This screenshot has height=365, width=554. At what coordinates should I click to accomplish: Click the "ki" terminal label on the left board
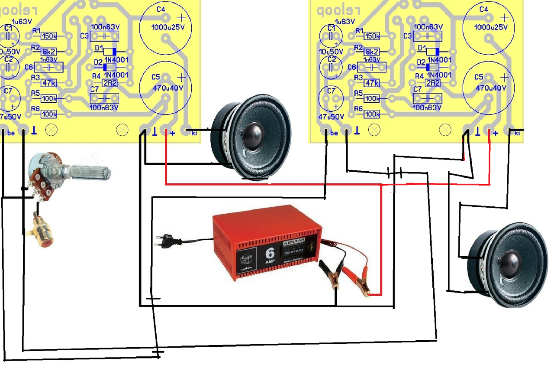click(194, 133)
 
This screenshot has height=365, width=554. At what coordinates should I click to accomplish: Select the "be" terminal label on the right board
click(334, 133)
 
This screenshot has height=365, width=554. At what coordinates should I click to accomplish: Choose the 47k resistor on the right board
click(372, 83)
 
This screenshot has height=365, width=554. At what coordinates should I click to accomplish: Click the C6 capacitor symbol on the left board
click(49, 67)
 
